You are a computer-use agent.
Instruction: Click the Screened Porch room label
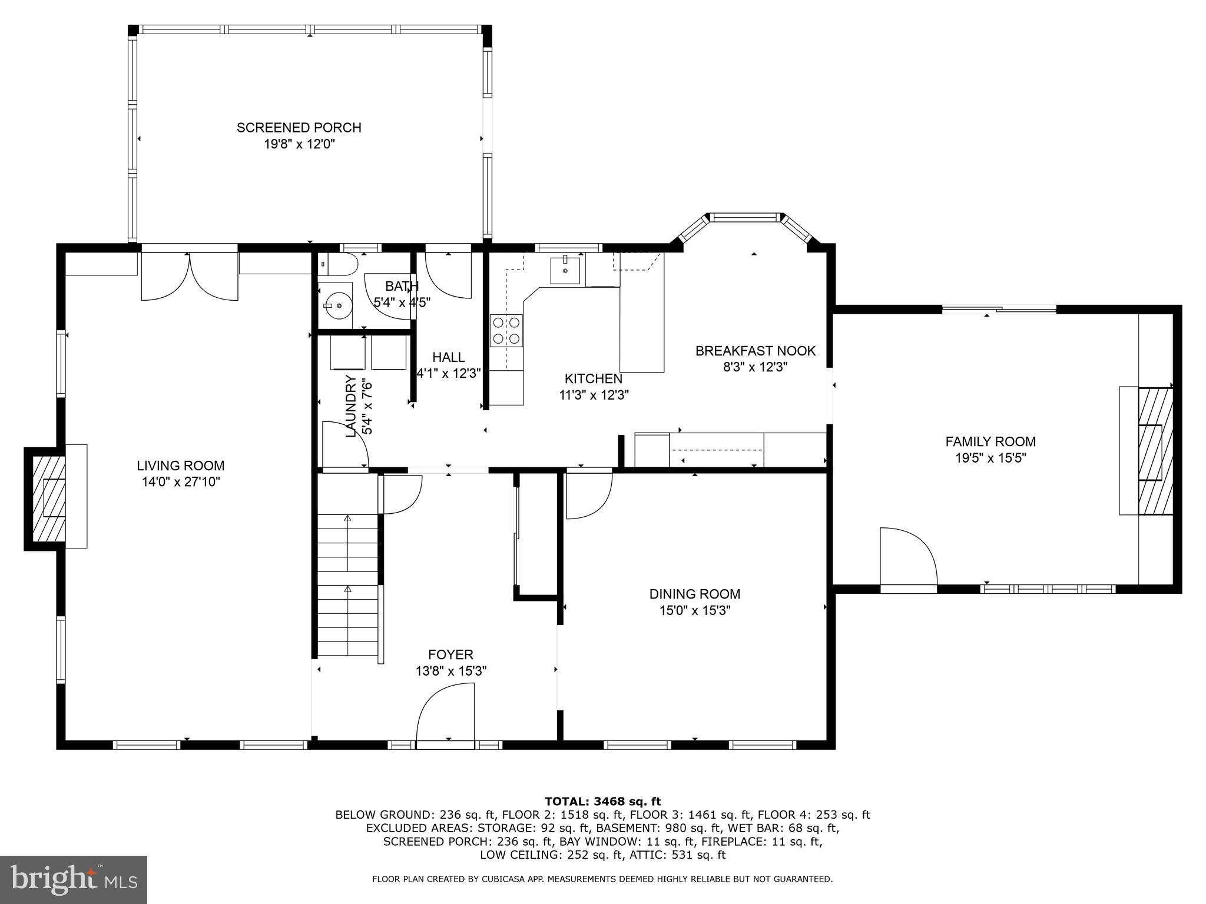coord(299,128)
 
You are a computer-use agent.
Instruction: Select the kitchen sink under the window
coord(565,270)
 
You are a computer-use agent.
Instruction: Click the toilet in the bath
coord(338,265)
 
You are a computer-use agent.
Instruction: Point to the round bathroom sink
coord(334,306)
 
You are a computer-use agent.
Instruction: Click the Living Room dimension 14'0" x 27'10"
coord(181,482)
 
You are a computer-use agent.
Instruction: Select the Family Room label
coord(990,441)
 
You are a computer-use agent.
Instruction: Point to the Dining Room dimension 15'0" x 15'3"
coord(695,611)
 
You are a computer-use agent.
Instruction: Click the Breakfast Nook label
coord(756,351)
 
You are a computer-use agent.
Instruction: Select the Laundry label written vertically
coord(351,406)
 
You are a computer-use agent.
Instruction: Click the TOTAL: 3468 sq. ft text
coord(602,801)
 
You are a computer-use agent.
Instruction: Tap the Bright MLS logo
coord(74,880)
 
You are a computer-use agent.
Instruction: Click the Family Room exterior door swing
coord(907,557)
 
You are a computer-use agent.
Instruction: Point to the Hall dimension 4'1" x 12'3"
coord(449,373)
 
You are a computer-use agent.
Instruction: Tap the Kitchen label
coord(593,379)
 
